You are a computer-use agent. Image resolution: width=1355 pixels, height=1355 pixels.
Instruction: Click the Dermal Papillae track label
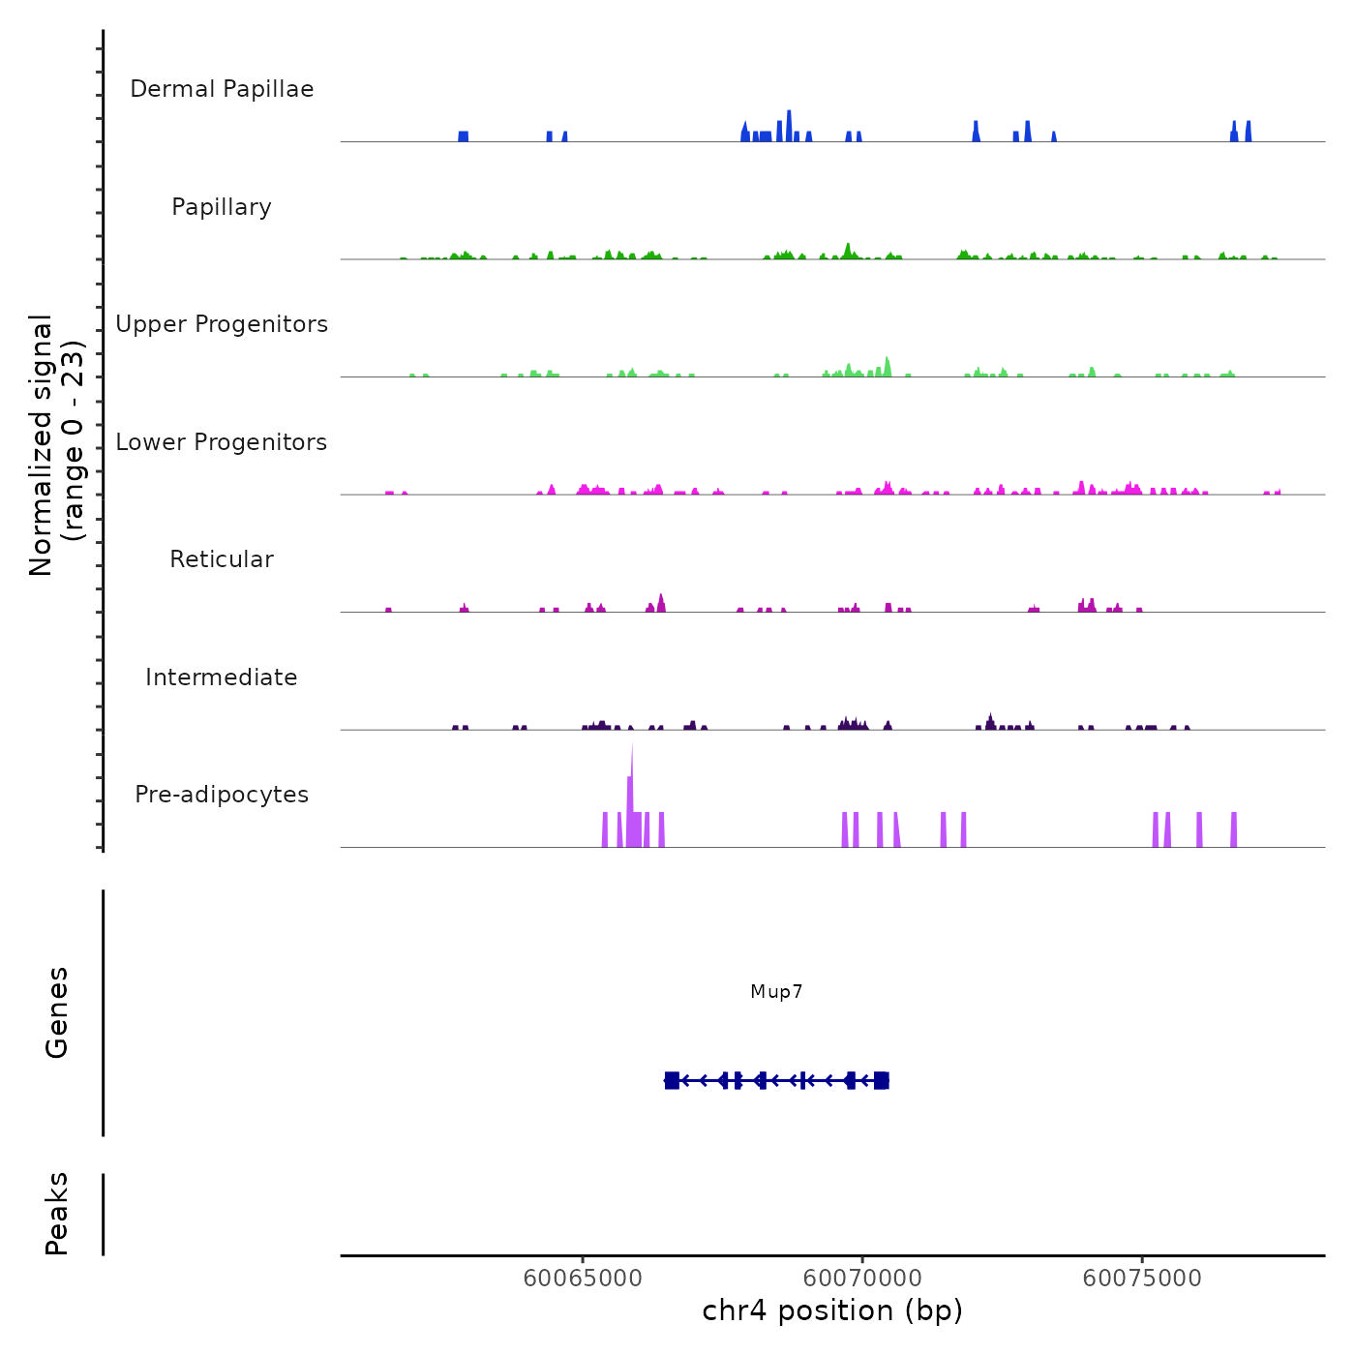coord(222,89)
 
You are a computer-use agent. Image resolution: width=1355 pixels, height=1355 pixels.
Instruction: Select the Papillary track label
coord(222,207)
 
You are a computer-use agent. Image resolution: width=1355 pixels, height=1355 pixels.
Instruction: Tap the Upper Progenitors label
coord(222,324)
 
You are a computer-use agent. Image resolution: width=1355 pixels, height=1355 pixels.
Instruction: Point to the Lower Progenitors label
coord(222,442)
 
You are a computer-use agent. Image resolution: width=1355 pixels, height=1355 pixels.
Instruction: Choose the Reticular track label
coord(222,559)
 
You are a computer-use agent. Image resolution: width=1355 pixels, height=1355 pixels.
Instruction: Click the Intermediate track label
coord(222,677)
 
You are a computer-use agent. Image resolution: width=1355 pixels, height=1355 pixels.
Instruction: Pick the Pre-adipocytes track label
coord(222,795)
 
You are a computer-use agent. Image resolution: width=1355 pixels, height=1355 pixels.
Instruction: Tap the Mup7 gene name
coord(776,992)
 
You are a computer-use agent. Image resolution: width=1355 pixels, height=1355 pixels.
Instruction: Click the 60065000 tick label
coord(583,1279)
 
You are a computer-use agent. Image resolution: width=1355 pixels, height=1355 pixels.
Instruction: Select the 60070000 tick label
coord(862,1279)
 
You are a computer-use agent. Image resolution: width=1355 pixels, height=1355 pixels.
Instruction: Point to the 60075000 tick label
coord(1142,1279)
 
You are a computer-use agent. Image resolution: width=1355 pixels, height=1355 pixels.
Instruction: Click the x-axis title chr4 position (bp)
coord(832,1311)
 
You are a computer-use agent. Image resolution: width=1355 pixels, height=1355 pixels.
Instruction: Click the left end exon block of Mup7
coord(672,1080)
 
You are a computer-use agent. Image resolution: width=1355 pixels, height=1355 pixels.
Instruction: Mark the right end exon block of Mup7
coord(881,1080)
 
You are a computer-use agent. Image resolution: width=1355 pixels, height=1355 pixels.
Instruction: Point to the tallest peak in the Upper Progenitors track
coord(887,366)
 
